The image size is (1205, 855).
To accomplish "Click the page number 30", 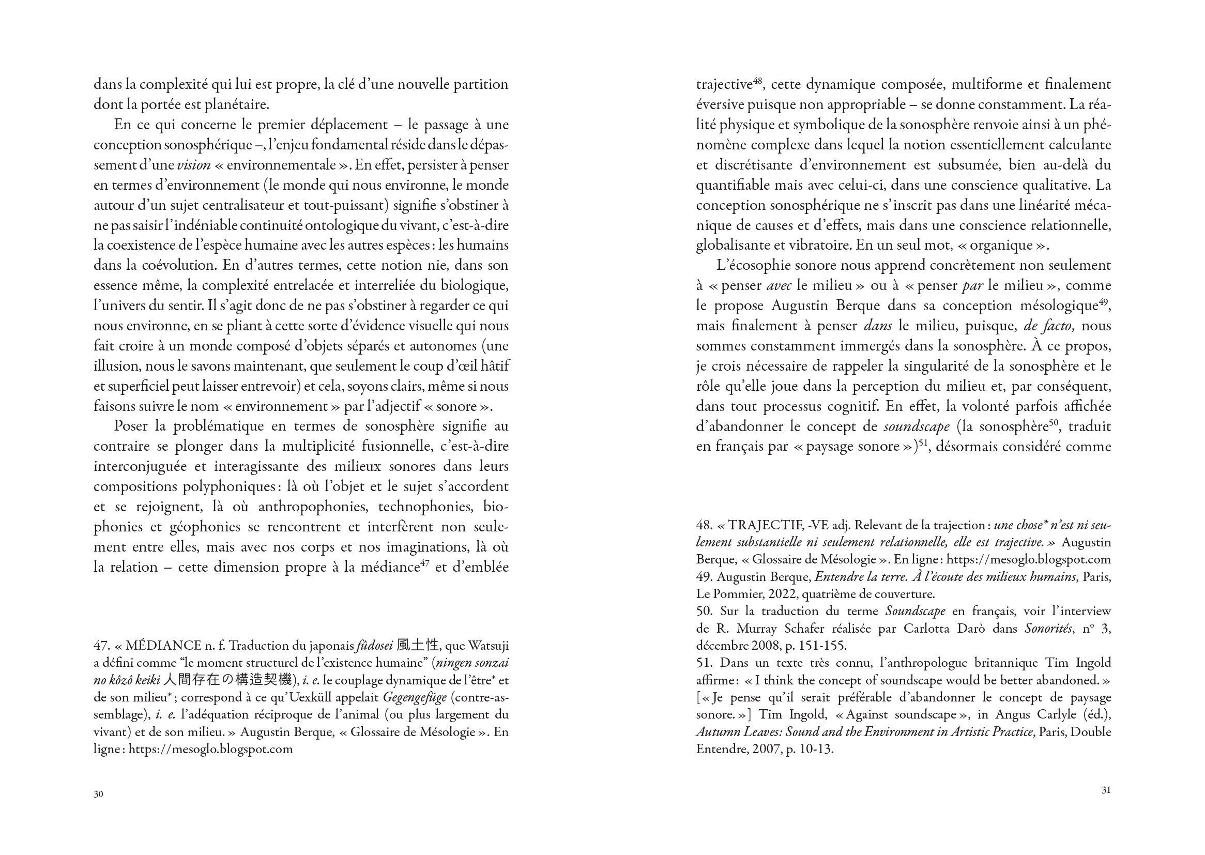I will click(x=98, y=794).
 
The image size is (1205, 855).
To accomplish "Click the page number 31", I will click(x=1106, y=790).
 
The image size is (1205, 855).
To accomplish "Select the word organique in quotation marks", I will click(x=1005, y=246).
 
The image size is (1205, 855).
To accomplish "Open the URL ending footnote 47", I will click(x=210, y=749).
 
